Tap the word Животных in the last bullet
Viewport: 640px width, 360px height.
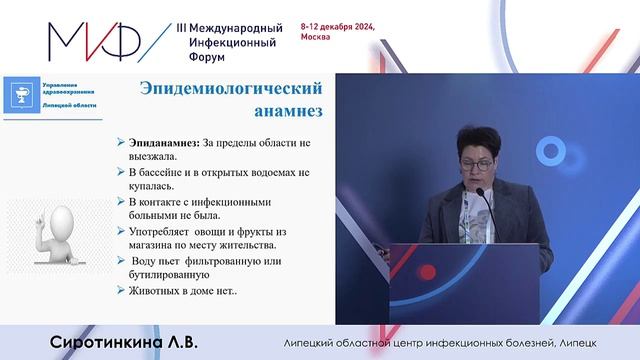159,292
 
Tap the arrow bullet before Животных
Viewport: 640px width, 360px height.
120,292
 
